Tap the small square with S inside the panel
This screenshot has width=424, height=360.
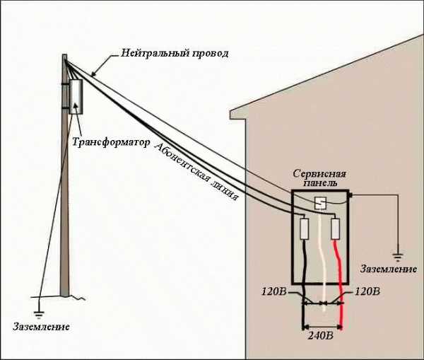(319, 203)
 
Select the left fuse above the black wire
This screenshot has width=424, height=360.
(304, 228)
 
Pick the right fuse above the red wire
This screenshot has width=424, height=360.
(336, 228)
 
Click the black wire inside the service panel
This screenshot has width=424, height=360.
(305, 258)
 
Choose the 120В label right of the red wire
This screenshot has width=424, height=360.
(367, 291)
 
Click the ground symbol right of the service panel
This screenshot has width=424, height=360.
(397, 252)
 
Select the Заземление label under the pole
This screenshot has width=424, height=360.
(40, 328)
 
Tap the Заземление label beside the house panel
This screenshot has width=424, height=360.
(385, 269)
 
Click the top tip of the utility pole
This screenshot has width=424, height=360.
(64, 53)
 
